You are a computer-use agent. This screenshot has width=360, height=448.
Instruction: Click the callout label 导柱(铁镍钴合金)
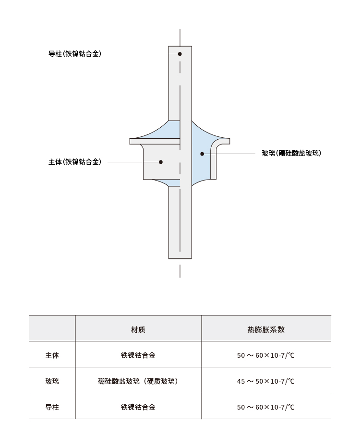click(x=75, y=54)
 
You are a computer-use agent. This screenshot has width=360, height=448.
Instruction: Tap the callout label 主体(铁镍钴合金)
click(x=75, y=162)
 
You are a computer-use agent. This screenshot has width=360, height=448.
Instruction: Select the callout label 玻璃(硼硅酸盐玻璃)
click(x=291, y=154)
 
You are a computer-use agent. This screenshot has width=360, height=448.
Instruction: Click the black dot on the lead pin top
click(x=180, y=54)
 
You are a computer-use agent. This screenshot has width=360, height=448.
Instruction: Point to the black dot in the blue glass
click(x=202, y=154)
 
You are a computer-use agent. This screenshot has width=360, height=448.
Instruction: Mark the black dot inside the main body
click(x=161, y=162)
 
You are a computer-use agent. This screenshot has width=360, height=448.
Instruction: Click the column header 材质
click(x=138, y=330)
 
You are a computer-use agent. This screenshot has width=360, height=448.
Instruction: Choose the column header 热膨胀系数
click(x=266, y=330)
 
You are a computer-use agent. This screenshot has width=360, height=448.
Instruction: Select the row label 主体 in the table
click(x=52, y=355)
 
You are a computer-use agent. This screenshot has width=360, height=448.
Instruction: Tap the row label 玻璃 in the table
click(x=52, y=381)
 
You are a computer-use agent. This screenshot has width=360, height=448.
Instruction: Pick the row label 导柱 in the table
click(x=52, y=407)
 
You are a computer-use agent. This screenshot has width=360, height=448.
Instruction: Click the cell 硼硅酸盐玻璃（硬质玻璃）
click(x=138, y=381)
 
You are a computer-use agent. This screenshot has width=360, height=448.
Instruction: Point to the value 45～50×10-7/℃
click(x=266, y=381)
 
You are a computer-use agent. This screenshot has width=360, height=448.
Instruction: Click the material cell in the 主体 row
click(x=138, y=355)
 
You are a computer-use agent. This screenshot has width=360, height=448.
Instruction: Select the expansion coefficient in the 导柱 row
click(x=266, y=407)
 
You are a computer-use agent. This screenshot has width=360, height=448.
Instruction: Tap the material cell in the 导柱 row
click(x=138, y=407)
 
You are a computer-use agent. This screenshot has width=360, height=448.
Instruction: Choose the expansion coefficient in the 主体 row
click(x=266, y=355)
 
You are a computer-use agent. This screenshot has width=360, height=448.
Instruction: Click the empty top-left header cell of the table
click(x=52, y=328)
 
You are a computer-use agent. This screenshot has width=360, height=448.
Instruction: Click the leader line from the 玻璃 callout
click(x=229, y=154)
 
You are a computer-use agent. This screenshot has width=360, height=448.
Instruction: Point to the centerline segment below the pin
click(x=180, y=271)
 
